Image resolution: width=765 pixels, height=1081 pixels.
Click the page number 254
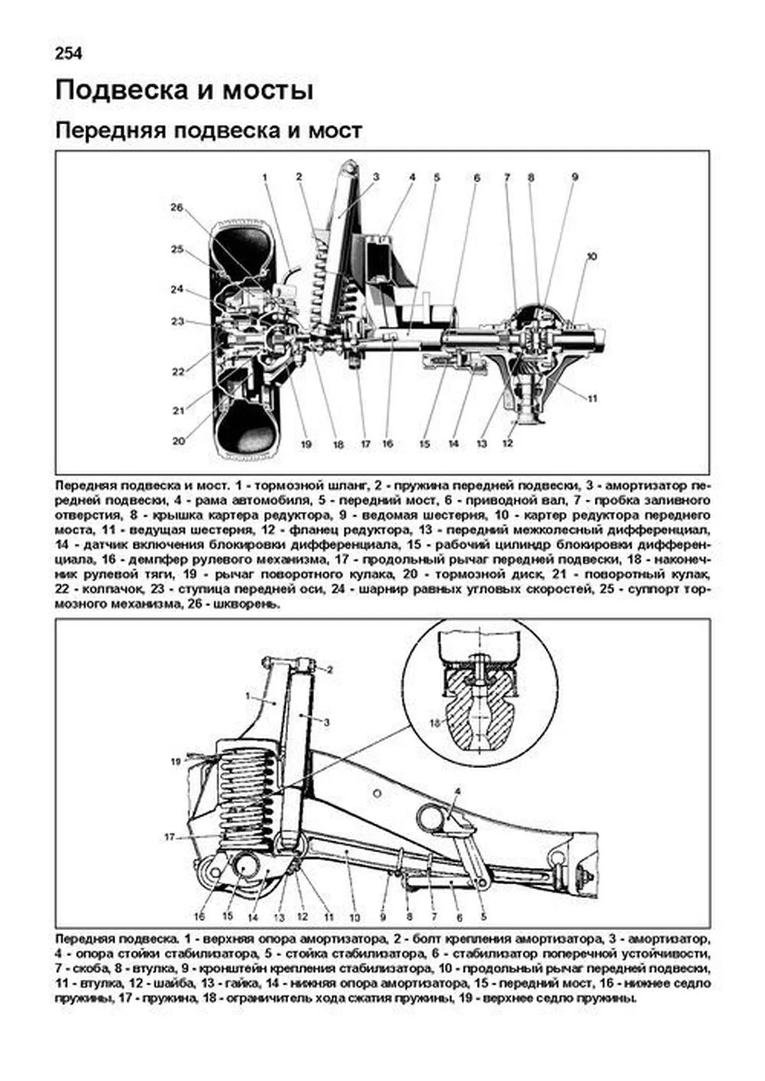(69, 54)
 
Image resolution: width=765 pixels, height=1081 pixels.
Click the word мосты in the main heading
(268, 91)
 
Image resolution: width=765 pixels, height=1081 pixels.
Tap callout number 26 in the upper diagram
(177, 207)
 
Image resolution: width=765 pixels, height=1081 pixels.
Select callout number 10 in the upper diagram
(592, 256)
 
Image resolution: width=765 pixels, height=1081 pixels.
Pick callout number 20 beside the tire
(178, 440)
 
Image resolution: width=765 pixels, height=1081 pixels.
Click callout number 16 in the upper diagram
(388, 444)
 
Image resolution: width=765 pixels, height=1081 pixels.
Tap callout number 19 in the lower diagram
(176, 761)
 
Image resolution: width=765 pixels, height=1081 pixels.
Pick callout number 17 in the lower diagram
(170, 837)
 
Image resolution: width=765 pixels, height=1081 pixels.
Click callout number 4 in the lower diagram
(457, 792)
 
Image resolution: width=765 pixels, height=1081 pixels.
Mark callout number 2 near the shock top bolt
(330, 670)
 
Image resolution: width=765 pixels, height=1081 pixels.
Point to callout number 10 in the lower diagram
(354, 918)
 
